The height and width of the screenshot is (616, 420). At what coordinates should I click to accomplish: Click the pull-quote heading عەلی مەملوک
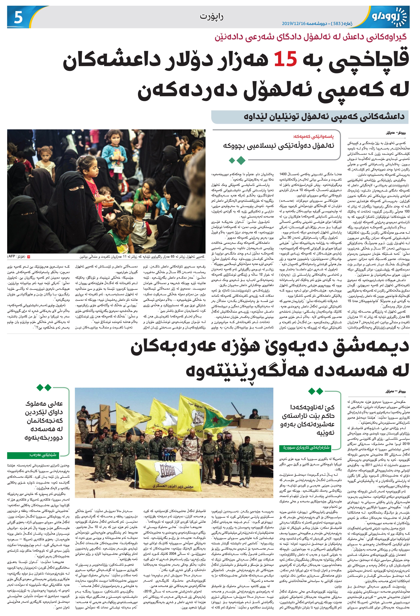click(x=44, y=404)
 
